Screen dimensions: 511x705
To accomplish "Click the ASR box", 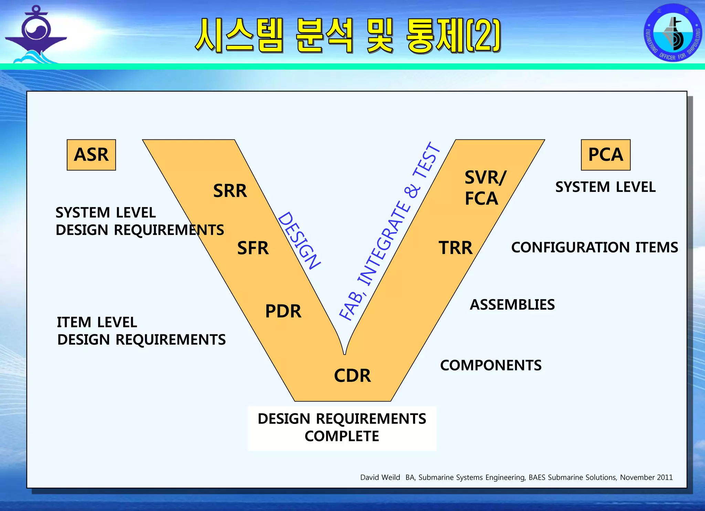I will click(91, 155).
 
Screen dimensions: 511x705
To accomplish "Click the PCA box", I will click(606, 155).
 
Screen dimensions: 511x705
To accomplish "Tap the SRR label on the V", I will click(230, 191).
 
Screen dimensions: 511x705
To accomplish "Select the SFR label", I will click(253, 248).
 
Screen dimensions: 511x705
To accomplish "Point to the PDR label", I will click(283, 311).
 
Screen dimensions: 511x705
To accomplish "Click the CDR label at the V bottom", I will click(352, 375).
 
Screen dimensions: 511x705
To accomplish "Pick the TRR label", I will click(455, 248).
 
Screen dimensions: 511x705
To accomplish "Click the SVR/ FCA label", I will click(485, 188).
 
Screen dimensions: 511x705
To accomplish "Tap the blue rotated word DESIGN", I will click(299, 240).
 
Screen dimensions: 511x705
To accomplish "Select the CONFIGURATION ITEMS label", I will click(594, 247).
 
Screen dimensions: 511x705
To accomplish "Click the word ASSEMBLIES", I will click(512, 305).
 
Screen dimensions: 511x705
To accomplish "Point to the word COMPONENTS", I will click(491, 365).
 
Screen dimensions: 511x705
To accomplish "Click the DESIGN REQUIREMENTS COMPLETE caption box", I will click(342, 428).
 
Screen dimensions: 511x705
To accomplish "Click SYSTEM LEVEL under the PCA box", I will click(605, 187).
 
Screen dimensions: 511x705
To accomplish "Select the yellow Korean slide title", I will click(348, 36).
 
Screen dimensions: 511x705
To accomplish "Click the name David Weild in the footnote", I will click(380, 477).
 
